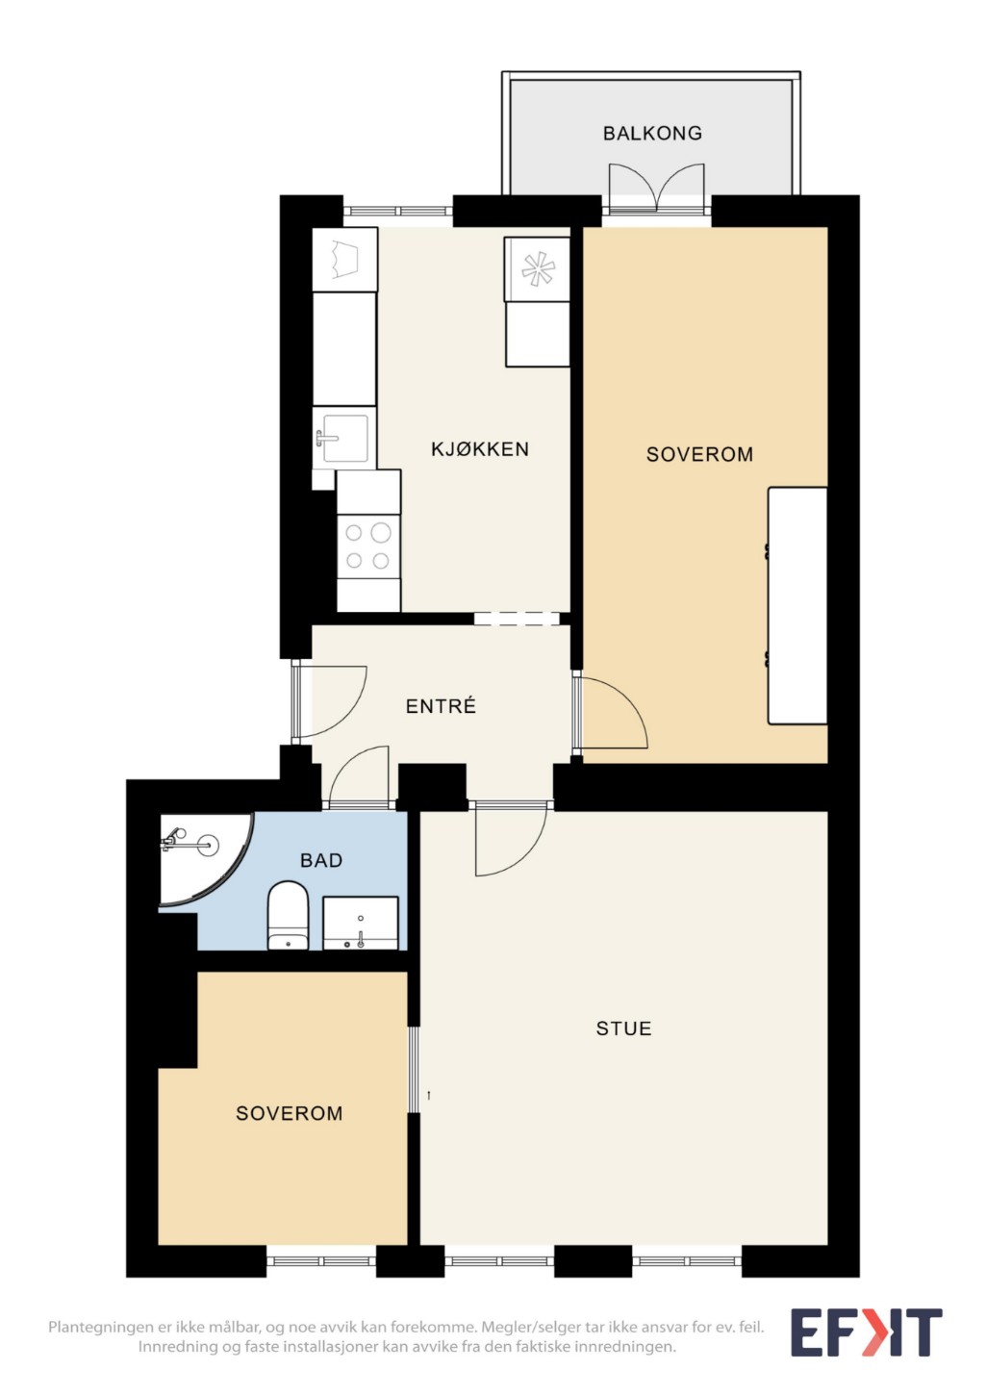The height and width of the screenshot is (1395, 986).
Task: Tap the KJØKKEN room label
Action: click(x=480, y=448)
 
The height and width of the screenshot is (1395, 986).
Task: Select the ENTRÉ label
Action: click(x=441, y=705)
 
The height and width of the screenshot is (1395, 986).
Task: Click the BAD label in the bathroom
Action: click(x=320, y=860)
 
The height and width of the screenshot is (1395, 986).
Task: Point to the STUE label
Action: click(x=623, y=1028)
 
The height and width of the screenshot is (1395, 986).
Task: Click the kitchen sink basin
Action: click(x=343, y=439)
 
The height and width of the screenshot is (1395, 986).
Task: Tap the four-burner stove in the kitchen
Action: click(x=368, y=546)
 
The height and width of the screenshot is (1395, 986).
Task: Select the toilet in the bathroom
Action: click(x=288, y=915)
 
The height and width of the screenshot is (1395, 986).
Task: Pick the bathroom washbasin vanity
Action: click(x=361, y=923)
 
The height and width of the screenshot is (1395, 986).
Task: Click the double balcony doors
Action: click(x=656, y=188)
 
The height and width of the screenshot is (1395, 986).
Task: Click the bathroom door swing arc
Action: click(x=358, y=776)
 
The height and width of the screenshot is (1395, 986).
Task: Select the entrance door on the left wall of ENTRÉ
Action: click(x=329, y=701)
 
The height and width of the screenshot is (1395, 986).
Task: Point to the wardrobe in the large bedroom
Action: click(x=797, y=605)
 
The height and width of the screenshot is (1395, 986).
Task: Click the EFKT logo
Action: click(x=866, y=1332)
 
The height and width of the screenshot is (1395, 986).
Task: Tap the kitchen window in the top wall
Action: click(x=398, y=211)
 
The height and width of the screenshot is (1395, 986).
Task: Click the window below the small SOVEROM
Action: click(x=320, y=1261)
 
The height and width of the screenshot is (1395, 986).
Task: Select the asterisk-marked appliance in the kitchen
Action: click(x=537, y=269)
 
